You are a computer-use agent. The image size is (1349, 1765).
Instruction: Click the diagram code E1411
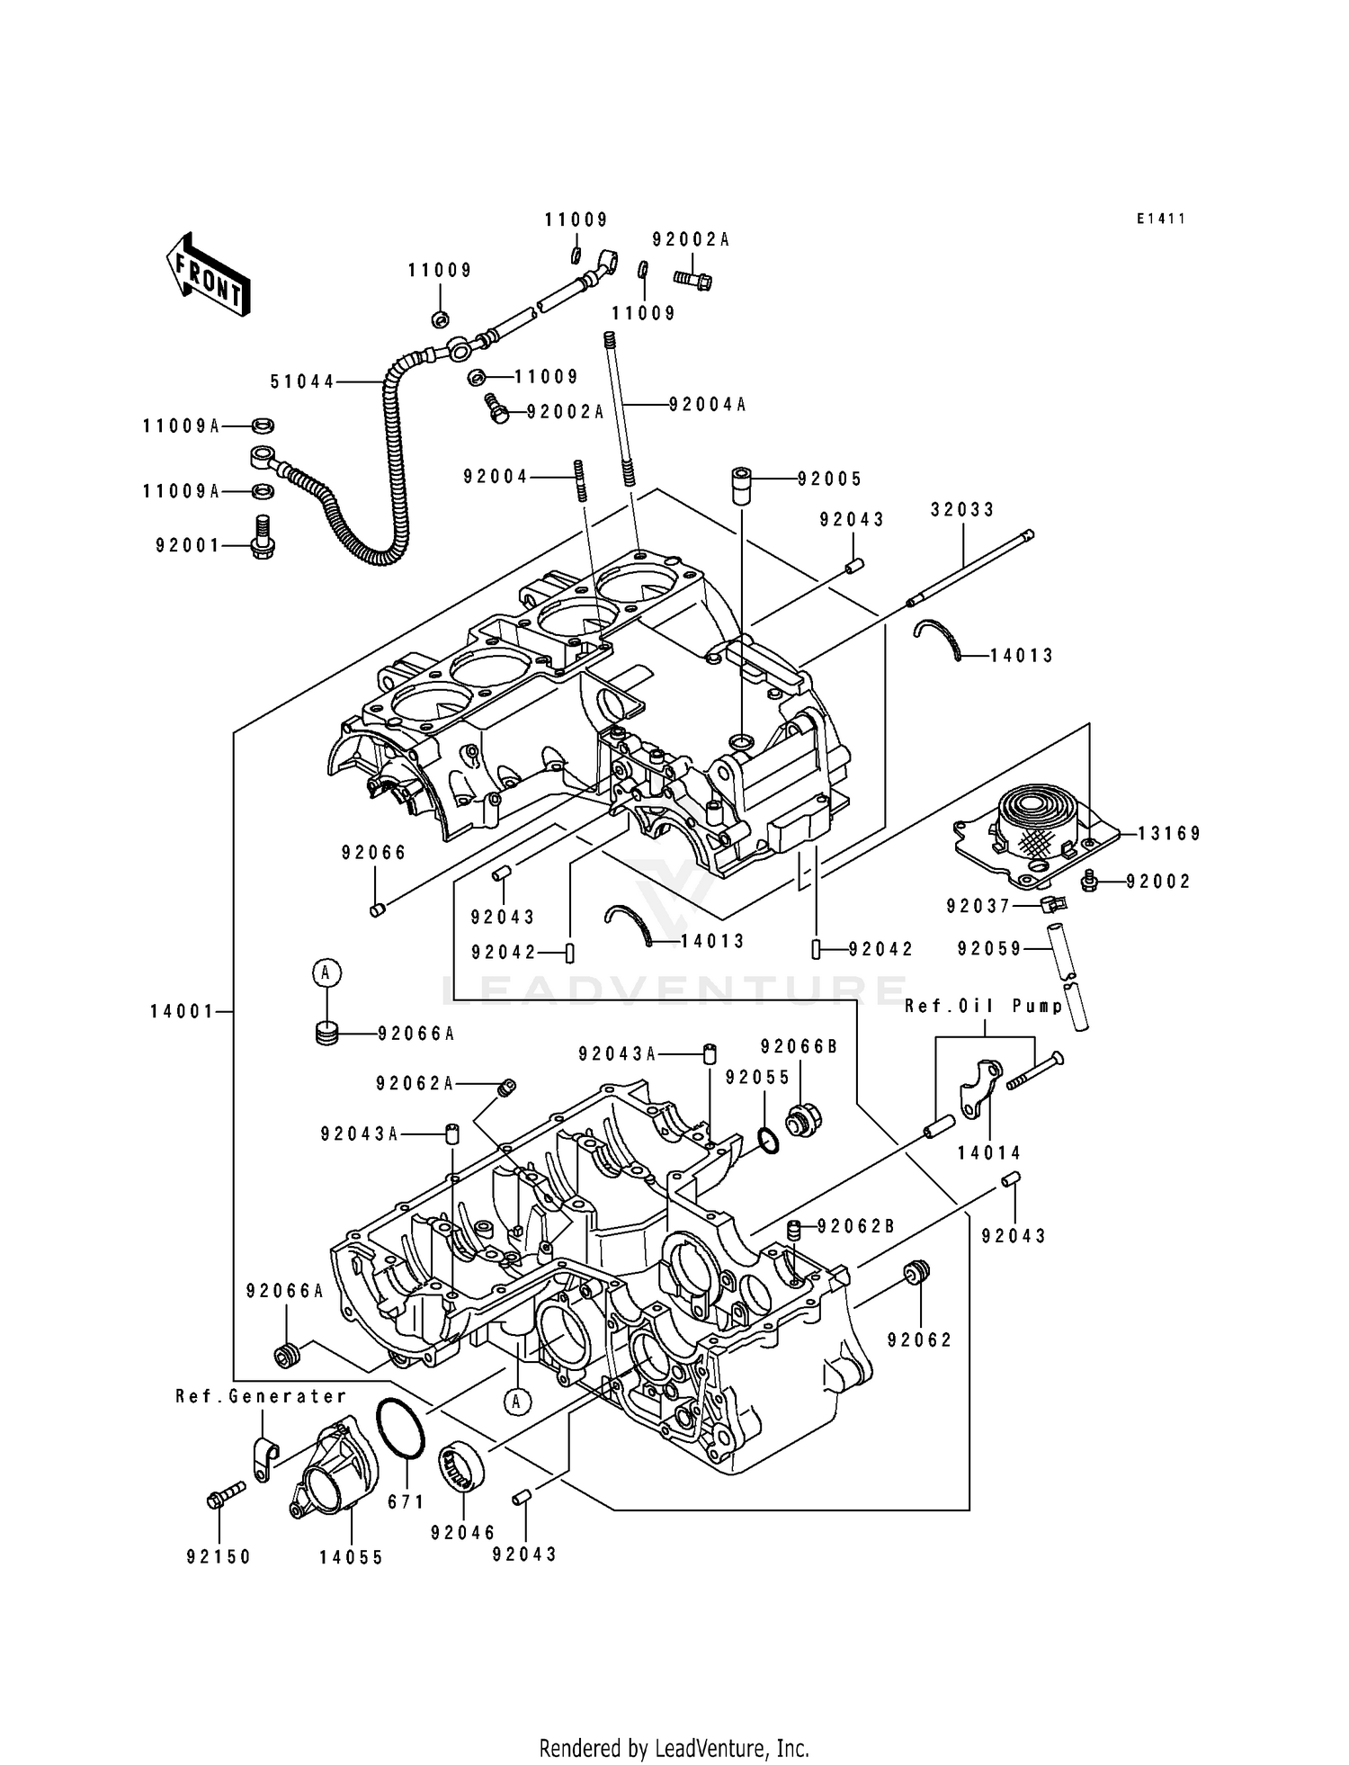coord(1160,219)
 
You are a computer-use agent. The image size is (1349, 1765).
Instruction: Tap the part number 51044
coord(302,382)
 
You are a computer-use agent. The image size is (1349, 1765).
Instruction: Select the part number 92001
coord(187,545)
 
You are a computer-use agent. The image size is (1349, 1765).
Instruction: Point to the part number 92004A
coord(708,405)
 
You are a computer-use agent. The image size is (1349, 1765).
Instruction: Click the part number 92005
coord(829,479)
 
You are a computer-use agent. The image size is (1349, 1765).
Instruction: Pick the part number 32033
coord(962,510)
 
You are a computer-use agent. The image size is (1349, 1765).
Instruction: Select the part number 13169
coord(1169,834)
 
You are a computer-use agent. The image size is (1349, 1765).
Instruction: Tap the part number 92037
coord(978,907)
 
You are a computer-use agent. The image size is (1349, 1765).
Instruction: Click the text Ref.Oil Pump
coord(984,1006)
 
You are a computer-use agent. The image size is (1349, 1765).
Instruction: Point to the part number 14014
coord(989,1153)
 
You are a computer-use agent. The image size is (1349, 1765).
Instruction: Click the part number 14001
coord(182,1012)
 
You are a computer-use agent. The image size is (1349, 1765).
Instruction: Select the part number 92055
coord(757,1078)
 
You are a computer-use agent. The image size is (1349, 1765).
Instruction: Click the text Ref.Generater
coord(261,1396)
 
